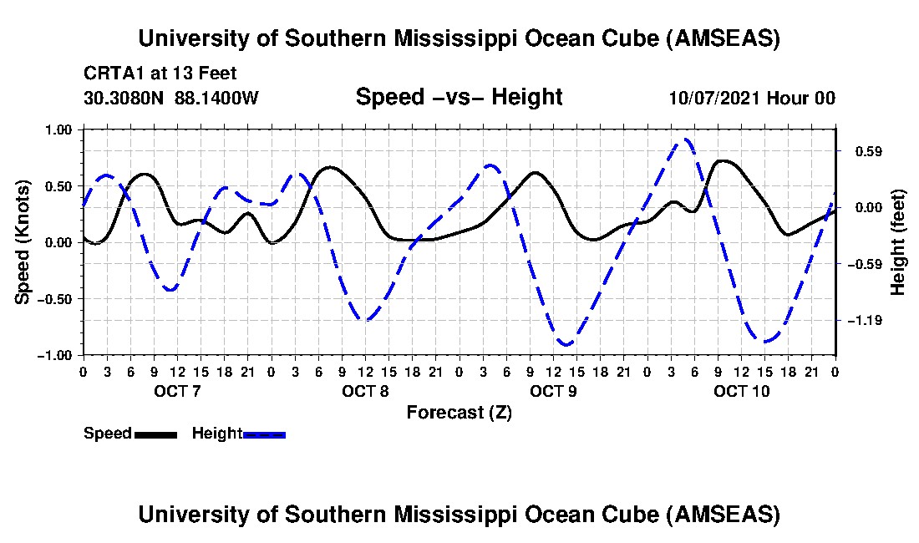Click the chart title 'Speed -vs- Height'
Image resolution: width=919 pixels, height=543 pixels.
[459, 97]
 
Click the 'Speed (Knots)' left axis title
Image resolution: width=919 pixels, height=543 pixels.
[24, 242]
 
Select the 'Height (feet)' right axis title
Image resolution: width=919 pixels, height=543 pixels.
[898, 242]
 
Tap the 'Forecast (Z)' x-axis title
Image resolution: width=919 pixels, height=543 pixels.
[459, 412]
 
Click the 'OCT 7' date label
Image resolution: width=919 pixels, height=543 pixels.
[175, 391]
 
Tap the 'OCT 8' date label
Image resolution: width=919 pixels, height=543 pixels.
[365, 391]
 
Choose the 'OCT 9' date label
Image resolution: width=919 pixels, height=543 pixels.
[553, 391]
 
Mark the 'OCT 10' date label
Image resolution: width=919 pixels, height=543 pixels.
[742, 391]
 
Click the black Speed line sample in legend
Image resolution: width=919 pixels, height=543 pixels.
[155, 434]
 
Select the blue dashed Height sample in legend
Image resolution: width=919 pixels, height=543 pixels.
[264, 434]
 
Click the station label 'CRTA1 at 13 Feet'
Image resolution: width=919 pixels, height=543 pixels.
[160, 73]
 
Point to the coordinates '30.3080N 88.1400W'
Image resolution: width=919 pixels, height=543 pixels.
[171, 98]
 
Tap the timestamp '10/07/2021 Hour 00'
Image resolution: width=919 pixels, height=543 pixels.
[752, 98]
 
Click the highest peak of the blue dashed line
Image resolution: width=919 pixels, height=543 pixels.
[685, 140]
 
